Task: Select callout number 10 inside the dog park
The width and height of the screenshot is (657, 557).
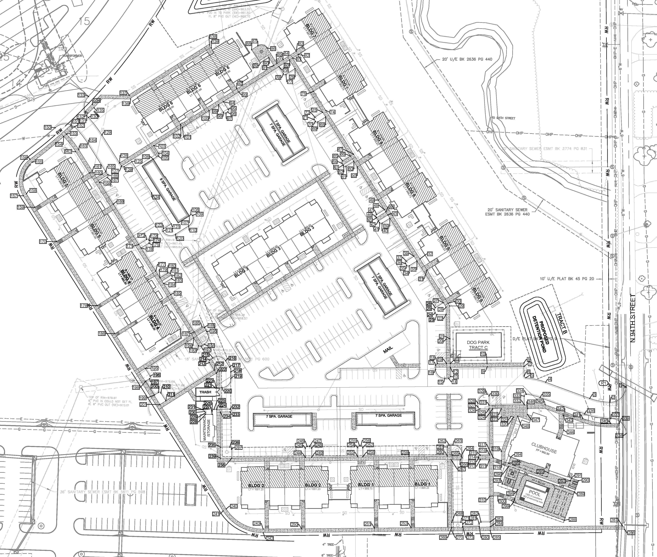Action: (x=483, y=354)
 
